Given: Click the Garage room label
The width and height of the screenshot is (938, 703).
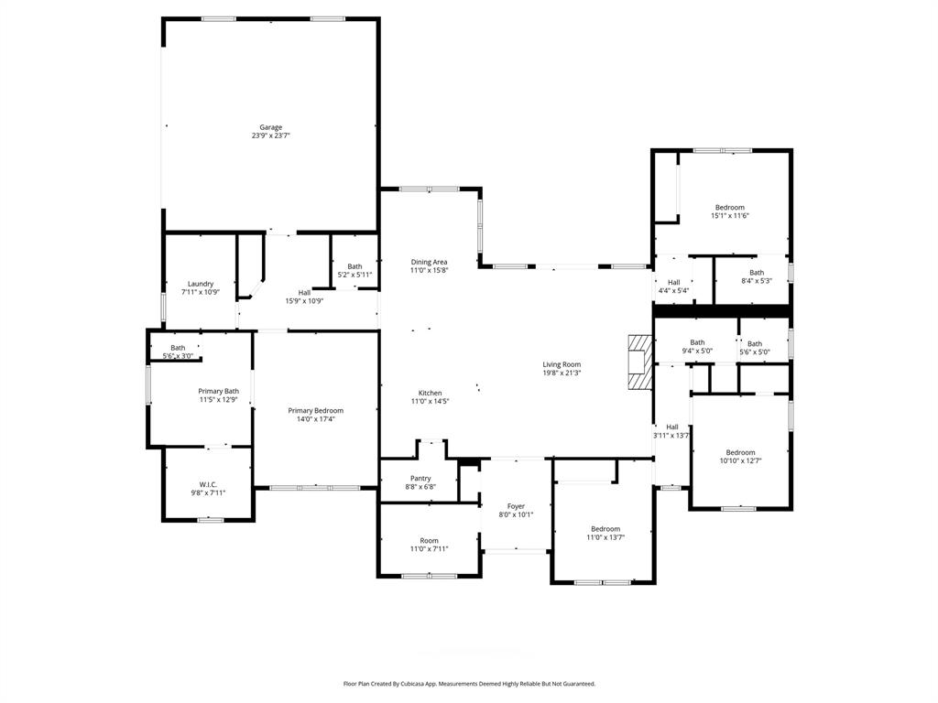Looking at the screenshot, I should (270, 127).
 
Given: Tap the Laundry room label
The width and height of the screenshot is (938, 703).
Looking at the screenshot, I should (201, 284).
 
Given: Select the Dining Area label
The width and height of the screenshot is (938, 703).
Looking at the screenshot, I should (429, 262).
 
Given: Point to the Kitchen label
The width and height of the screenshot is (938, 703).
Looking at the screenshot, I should (430, 393).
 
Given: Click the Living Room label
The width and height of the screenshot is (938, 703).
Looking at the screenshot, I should (562, 364).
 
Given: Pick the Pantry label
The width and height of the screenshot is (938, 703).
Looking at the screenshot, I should (420, 478).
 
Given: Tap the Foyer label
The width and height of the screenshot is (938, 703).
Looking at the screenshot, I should (516, 506).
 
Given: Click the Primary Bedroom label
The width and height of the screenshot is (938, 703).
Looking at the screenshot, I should (316, 411).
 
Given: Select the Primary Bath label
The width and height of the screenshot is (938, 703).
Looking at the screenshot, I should (219, 391).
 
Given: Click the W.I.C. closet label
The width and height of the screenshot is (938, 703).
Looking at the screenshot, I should (208, 484).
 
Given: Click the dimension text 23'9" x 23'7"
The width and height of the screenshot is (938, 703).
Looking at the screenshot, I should (270, 135).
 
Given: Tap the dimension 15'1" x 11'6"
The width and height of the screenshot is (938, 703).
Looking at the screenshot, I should (730, 216).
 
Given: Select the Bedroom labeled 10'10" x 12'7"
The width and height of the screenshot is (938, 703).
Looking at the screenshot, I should (740, 452).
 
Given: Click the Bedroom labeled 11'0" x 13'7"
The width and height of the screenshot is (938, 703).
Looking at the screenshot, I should (605, 529).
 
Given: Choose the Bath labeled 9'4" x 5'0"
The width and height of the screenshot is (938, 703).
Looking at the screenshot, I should (697, 342).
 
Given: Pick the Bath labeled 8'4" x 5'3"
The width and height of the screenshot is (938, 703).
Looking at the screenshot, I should (757, 272).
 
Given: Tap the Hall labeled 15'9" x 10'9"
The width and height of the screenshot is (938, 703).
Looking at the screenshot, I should (304, 292).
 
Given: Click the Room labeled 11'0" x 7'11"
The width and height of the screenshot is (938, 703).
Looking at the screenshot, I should (429, 540).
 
